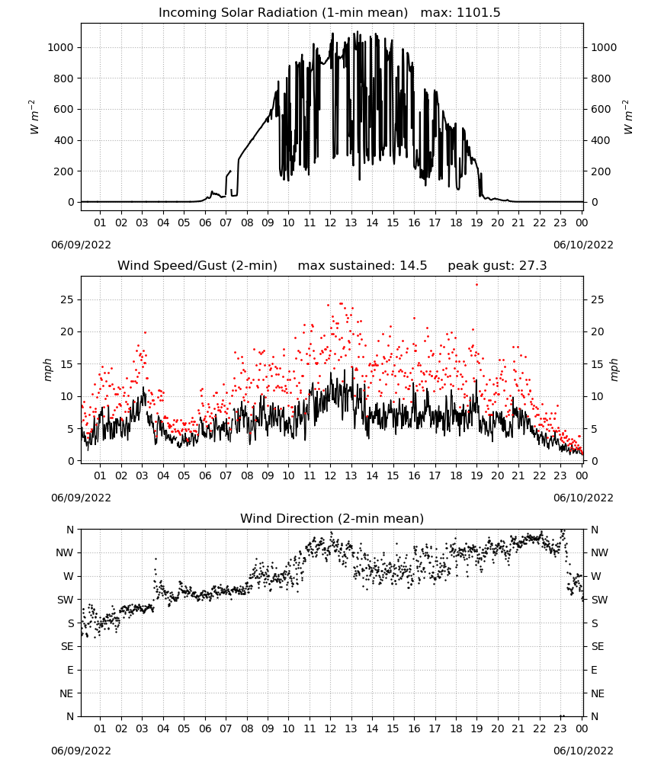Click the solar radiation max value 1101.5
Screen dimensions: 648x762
478,13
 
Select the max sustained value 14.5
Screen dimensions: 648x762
413,266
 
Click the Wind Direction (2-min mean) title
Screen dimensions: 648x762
332,518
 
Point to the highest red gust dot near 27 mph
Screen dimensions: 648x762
477,285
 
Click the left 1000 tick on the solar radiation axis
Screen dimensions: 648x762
61,47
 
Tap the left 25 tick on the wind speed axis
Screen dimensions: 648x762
68,299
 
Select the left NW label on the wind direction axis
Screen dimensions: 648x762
65,552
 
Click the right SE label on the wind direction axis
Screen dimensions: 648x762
598,646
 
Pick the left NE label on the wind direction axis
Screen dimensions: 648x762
66,693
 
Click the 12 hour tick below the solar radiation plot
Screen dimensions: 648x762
331,223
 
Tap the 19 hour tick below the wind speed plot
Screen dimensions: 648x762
477,475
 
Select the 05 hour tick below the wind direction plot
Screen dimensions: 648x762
184,728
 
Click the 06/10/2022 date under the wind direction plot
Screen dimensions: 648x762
583,751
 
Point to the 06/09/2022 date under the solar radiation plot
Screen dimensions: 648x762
81,245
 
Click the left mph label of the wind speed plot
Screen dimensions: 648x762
47,370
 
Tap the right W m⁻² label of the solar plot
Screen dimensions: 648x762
627,117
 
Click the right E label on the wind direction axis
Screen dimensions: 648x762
594,670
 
